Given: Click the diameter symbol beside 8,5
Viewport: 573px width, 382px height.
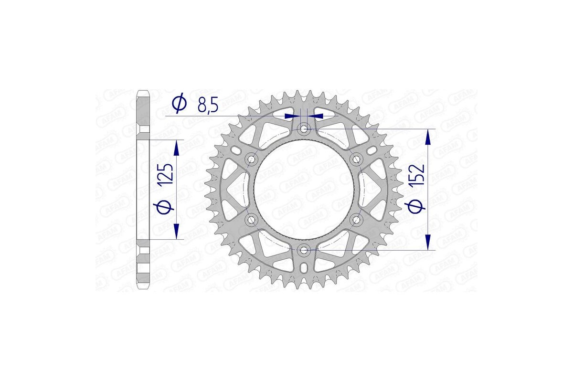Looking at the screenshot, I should (179, 105).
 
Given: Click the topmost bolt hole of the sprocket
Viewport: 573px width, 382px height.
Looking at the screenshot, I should (304, 128).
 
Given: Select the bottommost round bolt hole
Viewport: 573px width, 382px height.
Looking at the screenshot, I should (304, 250).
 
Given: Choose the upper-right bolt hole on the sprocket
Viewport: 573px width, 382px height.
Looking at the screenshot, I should (356, 159).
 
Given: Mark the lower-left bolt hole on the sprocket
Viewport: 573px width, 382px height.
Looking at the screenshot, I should (251, 220).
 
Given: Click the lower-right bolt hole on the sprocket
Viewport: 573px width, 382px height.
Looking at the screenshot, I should (356, 220).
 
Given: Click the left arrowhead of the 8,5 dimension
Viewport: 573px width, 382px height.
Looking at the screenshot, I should (290, 116).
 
